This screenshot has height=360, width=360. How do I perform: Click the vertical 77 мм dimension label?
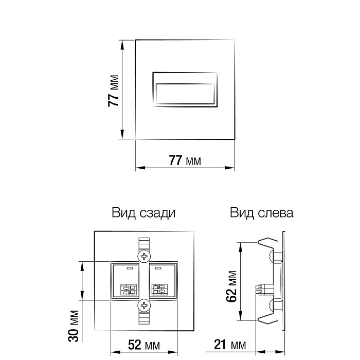pyautogui.click(x=113, y=91)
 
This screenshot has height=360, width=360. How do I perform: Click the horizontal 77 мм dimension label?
pyautogui.click(x=185, y=160)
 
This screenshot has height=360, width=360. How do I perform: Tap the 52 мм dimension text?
pyautogui.click(x=144, y=345)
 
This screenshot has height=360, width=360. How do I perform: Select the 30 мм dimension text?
pyautogui.click(x=74, y=326)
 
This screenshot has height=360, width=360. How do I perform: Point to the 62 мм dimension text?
pyautogui.click(x=231, y=286)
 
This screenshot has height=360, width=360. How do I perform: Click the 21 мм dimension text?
pyautogui.click(x=230, y=345)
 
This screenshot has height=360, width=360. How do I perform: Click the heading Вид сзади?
pyautogui.click(x=143, y=213)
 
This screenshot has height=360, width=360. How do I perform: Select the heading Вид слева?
pyautogui.click(x=261, y=212)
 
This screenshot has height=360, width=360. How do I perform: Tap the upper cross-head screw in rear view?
pyautogui.click(x=144, y=256)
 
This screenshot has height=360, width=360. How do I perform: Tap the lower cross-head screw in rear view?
pyautogui.click(x=144, y=305)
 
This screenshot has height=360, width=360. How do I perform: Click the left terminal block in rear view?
pyautogui.click(x=129, y=290)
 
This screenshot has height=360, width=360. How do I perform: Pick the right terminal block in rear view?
pyautogui.click(x=159, y=290)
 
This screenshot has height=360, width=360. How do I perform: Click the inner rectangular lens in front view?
pyautogui.click(x=185, y=94)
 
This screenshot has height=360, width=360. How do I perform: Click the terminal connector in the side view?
pyautogui.click(x=264, y=290)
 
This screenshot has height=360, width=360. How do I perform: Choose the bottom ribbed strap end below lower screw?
pyautogui.click(x=144, y=317)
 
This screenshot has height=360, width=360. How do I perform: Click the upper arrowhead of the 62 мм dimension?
pyautogui.click(x=240, y=247)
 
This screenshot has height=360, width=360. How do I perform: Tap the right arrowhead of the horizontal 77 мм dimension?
pyautogui.click(x=229, y=168)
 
